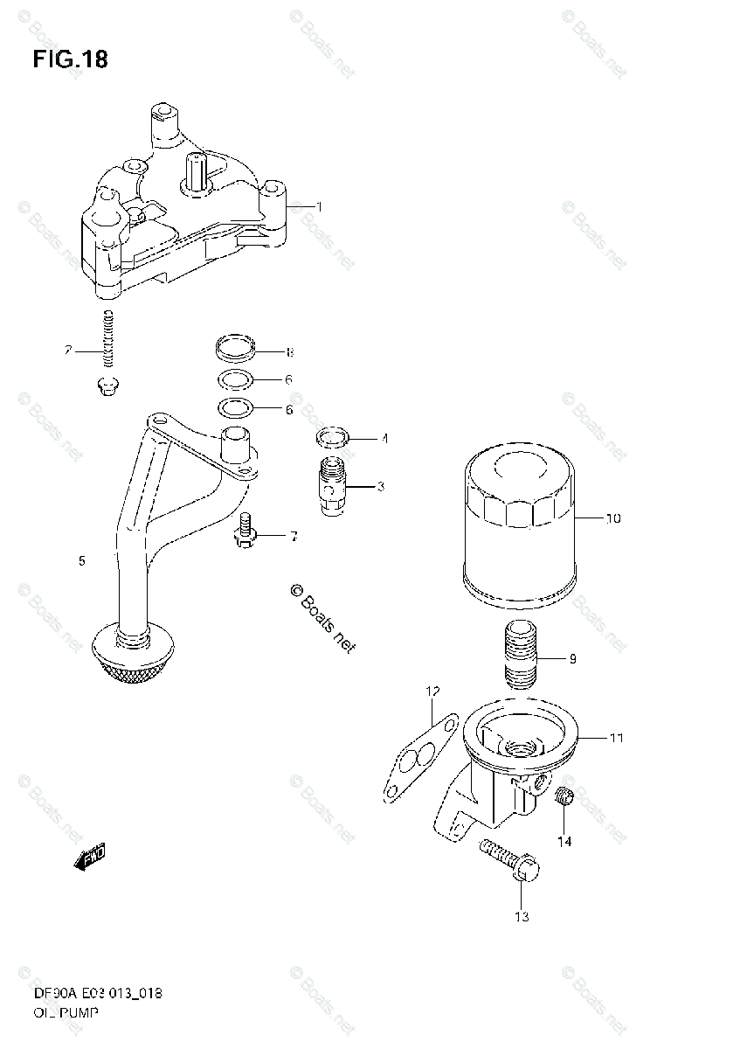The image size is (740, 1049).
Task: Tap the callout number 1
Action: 320,207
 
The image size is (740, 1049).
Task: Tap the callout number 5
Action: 81,561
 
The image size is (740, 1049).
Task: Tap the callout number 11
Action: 617,739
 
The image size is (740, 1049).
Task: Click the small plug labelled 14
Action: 564,795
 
